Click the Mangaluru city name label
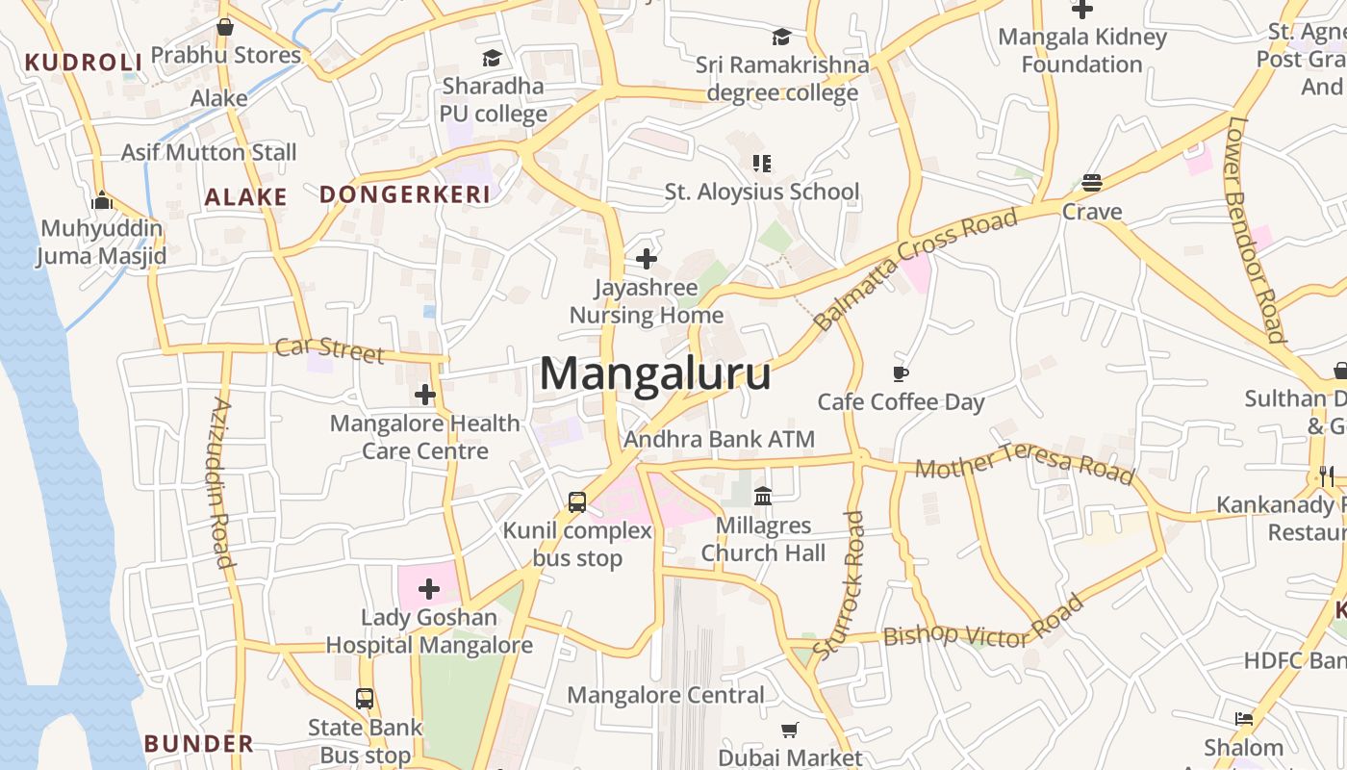(655, 373)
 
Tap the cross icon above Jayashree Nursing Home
(647, 258)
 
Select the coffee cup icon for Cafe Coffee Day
(901, 373)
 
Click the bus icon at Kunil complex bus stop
(577, 501)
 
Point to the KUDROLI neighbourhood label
(84, 63)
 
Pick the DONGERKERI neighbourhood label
(405, 194)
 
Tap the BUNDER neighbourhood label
(199, 743)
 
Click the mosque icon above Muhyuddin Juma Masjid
(102, 201)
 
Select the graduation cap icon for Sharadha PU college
(493, 58)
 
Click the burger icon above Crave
(1091, 183)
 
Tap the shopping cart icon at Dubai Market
(790, 731)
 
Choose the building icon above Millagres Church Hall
(763, 496)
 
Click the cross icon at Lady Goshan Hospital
(429, 588)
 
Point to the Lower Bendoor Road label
(1257, 229)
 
